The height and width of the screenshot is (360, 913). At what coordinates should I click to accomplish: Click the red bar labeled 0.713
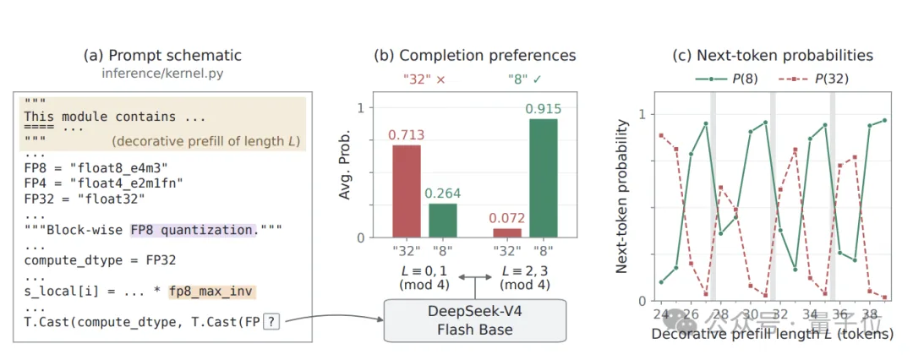tap(406, 191)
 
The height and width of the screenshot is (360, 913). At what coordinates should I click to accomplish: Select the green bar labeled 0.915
tap(544, 178)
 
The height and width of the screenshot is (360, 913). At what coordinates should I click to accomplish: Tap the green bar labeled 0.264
tap(443, 221)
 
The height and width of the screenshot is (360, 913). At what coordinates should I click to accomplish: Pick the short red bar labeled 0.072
tap(506, 233)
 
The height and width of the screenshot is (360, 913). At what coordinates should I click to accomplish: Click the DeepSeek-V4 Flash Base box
tap(474, 320)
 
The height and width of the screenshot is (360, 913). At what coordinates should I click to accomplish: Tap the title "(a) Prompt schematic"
tap(162, 56)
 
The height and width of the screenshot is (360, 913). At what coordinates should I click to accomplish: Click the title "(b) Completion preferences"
tap(474, 56)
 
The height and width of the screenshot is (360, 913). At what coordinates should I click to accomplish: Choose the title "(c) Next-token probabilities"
tap(773, 56)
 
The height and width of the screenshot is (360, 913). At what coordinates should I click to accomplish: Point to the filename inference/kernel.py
tap(162, 74)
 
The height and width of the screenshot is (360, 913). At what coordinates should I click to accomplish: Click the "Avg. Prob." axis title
tap(345, 167)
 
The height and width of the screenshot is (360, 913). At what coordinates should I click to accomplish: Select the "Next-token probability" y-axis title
tap(621, 196)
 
